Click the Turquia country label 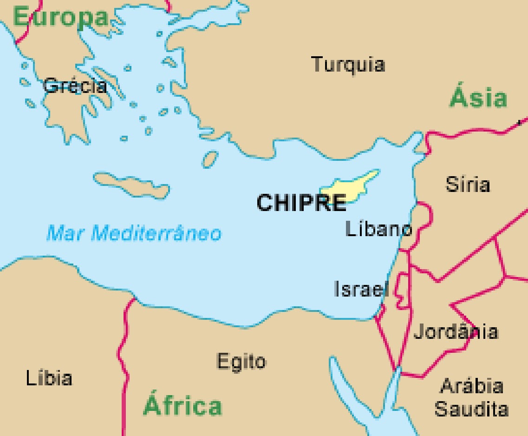[x=348, y=64]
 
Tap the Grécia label [x=75, y=86]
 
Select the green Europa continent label [x=60, y=18]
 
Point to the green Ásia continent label [x=478, y=99]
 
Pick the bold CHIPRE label [x=301, y=203]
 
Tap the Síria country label [x=468, y=185]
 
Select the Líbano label [x=379, y=229]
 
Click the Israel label [x=361, y=289]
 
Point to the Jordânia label [x=456, y=332]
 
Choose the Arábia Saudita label [x=471, y=398]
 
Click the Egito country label [x=241, y=361]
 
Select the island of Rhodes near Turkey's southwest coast [x=210, y=159]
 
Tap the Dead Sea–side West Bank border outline [x=403, y=291]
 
